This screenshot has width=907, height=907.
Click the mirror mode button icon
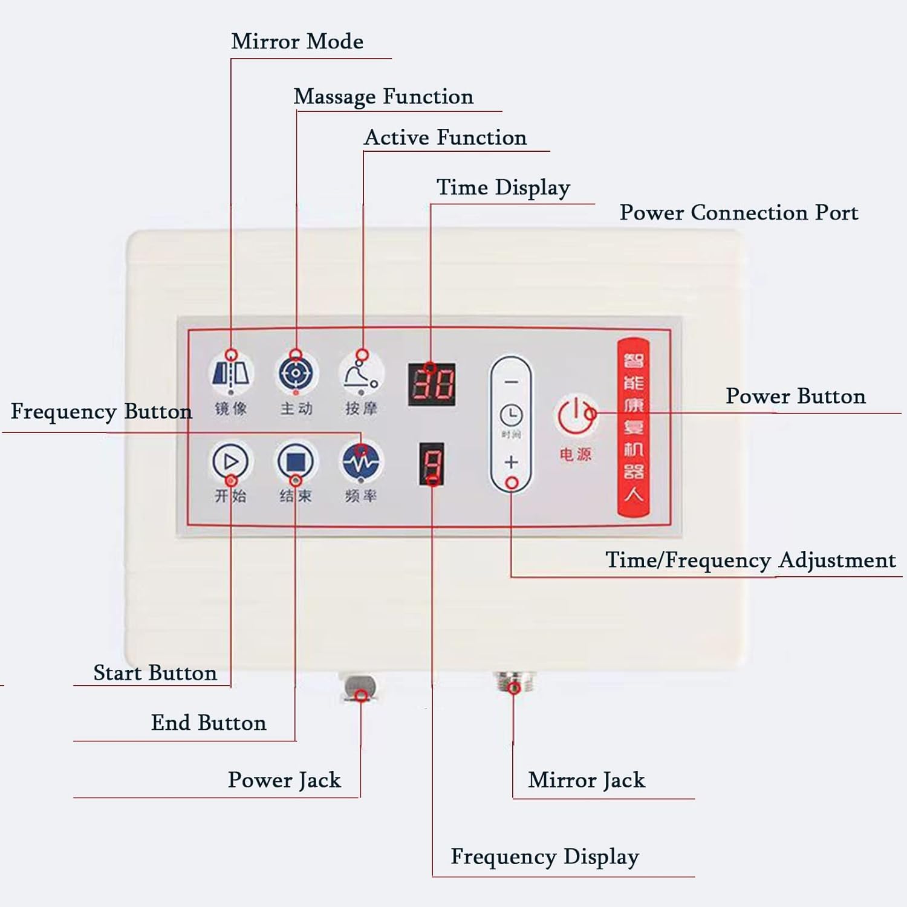click(231, 373)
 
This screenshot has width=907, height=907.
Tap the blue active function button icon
click(296, 373)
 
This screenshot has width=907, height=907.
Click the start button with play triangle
click(230, 462)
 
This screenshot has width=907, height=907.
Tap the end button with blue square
click(295, 462)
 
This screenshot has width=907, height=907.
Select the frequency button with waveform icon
click(361, 462)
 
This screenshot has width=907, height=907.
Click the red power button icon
click(575, 415)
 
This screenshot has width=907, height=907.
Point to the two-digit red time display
click(432, 385)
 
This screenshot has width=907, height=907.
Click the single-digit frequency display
click(432, 464)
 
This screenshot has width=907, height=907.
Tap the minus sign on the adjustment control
click(511, 382)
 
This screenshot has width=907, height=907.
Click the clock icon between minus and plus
click(511, 415)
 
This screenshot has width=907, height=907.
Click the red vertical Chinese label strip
click(633, 427)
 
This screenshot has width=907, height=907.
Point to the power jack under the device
click(360, 688)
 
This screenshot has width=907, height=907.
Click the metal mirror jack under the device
click(513, 683)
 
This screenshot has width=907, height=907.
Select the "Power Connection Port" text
click(738, 213)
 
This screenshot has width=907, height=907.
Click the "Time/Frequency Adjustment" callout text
click(750, 560)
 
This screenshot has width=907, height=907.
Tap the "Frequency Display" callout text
click(544, 857)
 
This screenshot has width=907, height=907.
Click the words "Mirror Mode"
click(297, 42)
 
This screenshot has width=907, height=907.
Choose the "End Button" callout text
click(209, 723)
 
